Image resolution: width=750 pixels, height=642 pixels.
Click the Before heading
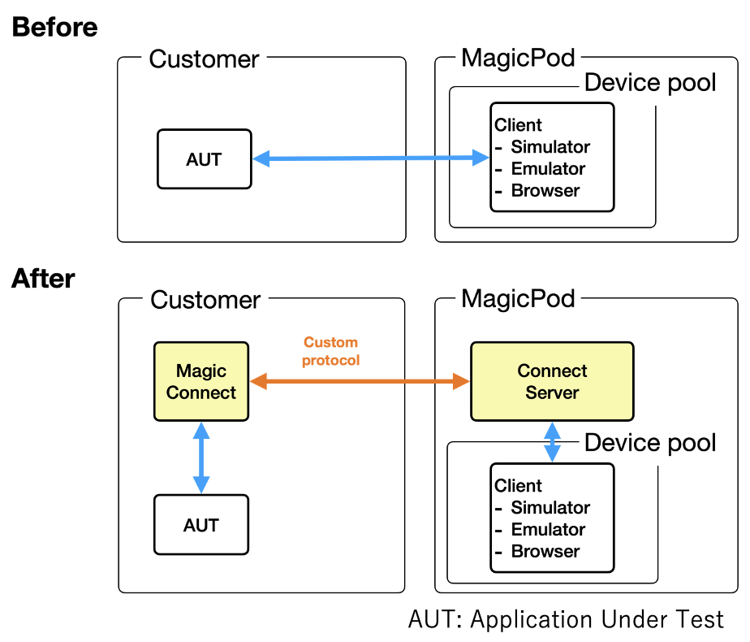(54, 27)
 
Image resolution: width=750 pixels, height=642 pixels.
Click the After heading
(43, 279)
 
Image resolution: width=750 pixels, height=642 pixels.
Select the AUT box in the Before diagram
(204, 159)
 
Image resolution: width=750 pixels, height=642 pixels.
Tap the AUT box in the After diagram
(200, 525)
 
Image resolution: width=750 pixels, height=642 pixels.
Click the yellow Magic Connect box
(200, 382)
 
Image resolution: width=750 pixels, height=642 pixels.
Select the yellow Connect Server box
(552, 382)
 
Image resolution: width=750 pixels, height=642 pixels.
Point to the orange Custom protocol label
(330, 351)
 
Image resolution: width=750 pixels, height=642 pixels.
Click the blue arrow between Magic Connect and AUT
(200, 458)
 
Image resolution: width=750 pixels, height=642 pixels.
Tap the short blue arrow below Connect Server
(552, 441)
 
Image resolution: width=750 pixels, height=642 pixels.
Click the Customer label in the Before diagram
(205, 59)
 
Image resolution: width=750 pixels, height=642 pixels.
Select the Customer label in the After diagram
(205, 299)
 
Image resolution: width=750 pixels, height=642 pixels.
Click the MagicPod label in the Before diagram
(518, 58)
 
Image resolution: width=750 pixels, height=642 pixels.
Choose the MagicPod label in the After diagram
(518, 298)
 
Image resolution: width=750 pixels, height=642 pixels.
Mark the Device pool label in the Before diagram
(650, 82)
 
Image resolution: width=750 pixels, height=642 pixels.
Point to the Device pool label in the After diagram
(650, 443)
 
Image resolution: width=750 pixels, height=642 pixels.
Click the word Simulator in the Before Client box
(550, 147)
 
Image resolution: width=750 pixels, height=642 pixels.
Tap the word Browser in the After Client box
(545, 551)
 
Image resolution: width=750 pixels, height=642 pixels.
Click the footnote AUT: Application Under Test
(566, 619)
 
